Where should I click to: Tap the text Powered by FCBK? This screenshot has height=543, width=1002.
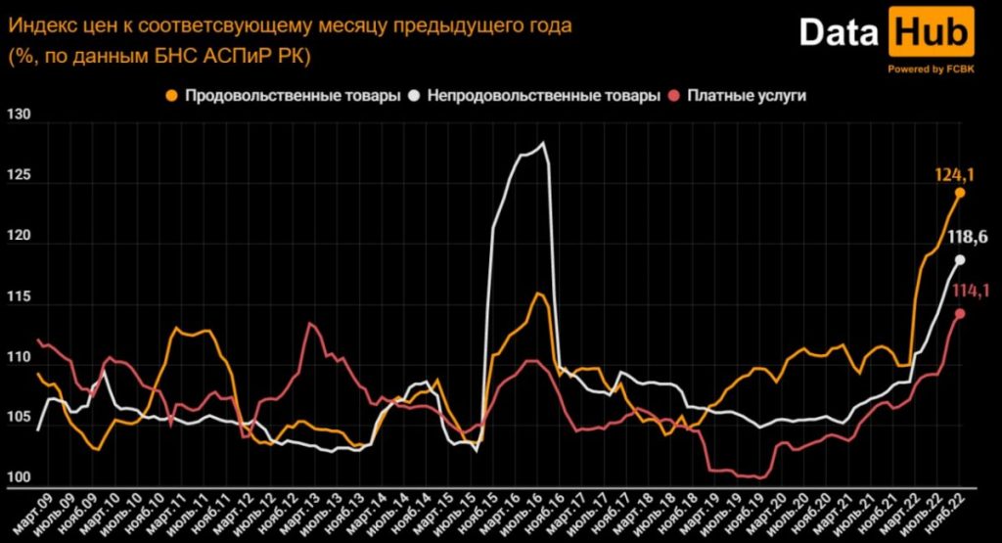pyautogui.click(x=930, y=68)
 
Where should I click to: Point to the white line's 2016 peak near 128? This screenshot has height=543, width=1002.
pyautogui.click(x=542, y=144)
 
